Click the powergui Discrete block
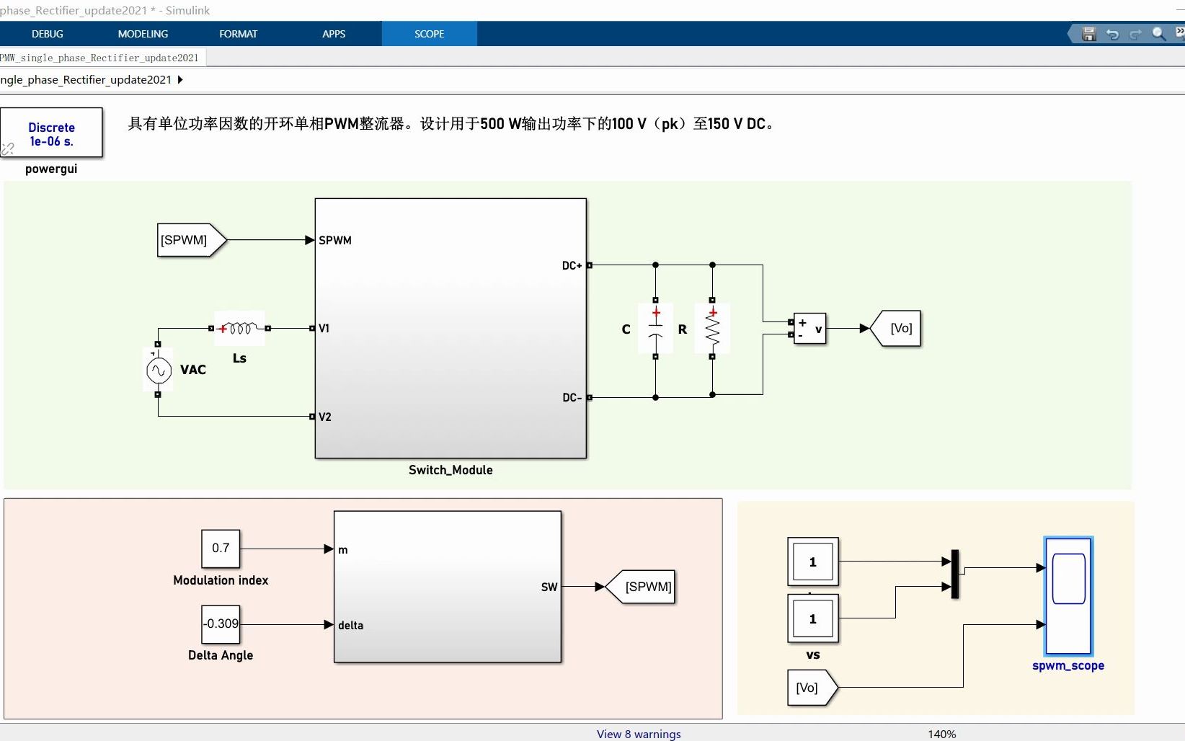51,133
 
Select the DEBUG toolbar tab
48,34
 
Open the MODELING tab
143,34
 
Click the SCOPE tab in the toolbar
429,34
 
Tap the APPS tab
334,34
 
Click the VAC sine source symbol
159,370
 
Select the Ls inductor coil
239,329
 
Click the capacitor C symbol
655,329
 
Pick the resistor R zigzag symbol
712,329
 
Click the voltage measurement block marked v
810,329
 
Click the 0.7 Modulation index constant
221,549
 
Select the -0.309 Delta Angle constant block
221,624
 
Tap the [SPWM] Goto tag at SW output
642,587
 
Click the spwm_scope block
1068,596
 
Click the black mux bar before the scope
955,574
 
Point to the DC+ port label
572,266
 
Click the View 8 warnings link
638,734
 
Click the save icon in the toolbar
1089,34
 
